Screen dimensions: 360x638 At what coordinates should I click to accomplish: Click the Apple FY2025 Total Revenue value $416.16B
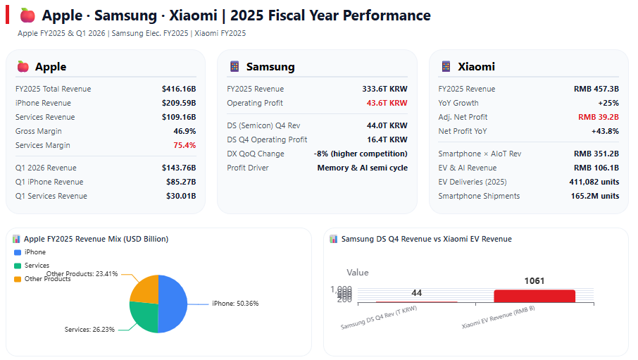click(178, 89)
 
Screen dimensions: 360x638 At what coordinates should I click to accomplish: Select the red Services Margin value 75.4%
click(184, 146)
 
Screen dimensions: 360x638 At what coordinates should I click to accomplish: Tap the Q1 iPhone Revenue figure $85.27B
click(181, 182)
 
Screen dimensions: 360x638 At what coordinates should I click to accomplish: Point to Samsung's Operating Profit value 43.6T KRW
click(387, 104)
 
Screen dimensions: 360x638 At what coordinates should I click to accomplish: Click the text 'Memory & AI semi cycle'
click(362, 168)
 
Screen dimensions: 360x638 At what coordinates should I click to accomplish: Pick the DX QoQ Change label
click(256, 154)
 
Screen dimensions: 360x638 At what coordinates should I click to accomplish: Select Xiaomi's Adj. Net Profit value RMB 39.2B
click(598, 118)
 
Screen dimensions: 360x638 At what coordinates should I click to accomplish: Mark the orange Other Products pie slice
click(146, 289)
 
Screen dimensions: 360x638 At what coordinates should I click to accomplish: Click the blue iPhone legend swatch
click(18, 252)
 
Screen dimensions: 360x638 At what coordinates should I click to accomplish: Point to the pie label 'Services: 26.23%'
click(89, 330)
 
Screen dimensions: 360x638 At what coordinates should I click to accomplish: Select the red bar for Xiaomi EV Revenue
click(534, 296)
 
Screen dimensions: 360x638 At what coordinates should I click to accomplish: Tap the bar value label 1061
click(534, 281)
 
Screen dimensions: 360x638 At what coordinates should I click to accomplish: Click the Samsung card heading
click(270, 67)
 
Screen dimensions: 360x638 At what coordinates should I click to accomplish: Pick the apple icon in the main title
click(27, 15)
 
